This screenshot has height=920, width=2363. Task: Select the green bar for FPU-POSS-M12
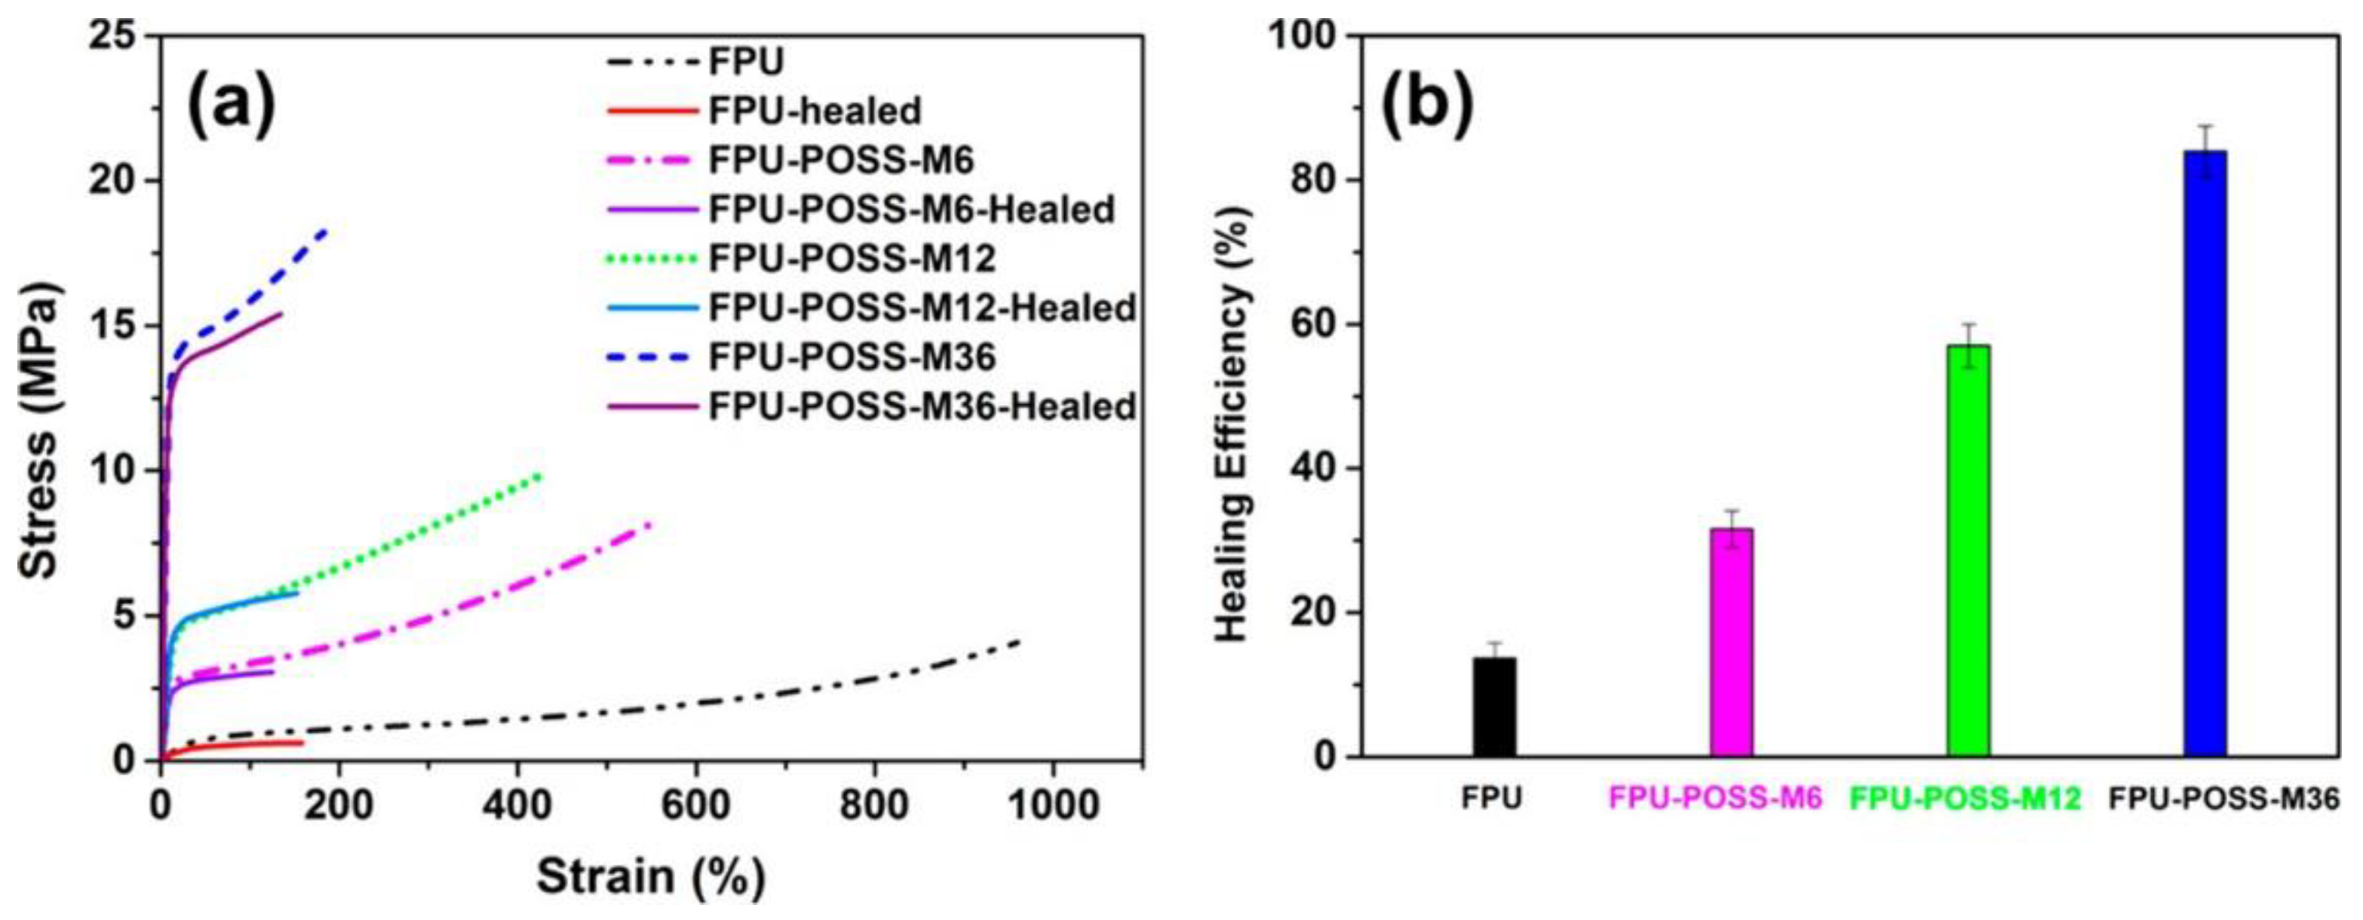(1969, 550)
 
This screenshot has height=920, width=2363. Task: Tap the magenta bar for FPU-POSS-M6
(1732, 642)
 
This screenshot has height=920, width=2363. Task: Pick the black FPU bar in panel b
(1495, 707)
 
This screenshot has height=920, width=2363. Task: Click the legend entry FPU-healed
(814, 112)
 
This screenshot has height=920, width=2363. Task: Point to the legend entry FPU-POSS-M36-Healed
(922, 406)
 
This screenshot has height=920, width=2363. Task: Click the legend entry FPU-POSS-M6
(840, 161)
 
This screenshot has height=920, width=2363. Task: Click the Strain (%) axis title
(650, 876)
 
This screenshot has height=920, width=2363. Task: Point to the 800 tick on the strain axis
(873, 805)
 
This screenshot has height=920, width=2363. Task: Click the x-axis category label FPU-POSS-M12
(1965, 799)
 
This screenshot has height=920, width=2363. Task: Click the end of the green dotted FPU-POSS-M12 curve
(542, 474)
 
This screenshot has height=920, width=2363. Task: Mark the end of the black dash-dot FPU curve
(1019, 641)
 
